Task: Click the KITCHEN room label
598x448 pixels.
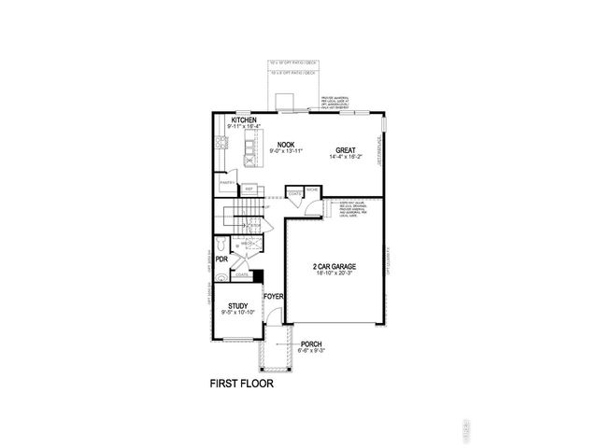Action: [x=245, y=120]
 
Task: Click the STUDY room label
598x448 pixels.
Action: [x=237, y=303]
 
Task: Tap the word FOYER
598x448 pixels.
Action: [x=273, y=298]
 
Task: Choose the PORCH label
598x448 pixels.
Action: [x=312, y=343]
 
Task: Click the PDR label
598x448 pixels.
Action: [x=221, y=259]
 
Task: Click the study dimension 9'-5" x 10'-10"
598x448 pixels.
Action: [x=237, y=311]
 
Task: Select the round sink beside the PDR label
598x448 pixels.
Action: [x=221, y=277]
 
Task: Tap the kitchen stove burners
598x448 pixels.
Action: [x=222, y=143]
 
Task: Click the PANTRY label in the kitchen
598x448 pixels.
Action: [x=226, y=183]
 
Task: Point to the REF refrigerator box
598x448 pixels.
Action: [x=249, y=188]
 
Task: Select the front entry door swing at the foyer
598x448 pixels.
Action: [x=271, y=318]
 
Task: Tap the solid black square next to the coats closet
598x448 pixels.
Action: [x=259, y=275]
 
